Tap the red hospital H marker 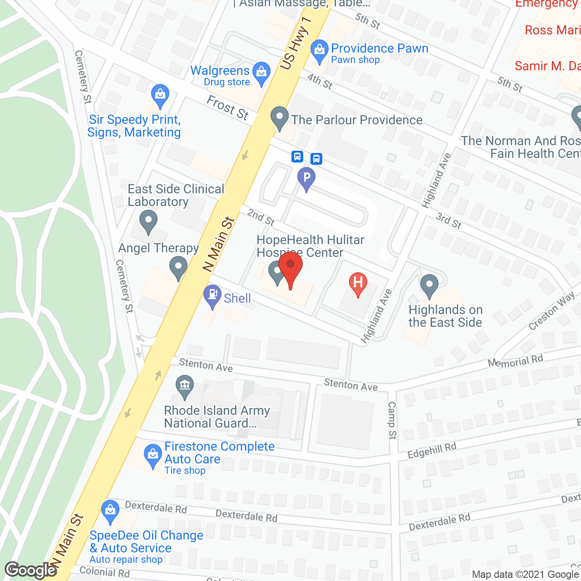[x=358, y=284]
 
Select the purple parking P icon [x=306, y=178]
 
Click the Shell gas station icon [x=212, y=295]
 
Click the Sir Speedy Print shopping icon [x=160, y=95]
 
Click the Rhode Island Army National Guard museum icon [x=184, y=387]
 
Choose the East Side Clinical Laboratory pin [x=148, y=222]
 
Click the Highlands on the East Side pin [x=429, y=286]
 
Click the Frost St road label [x=228, y=108]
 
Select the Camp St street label [x=392, y=420]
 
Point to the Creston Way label [x=551, y=311]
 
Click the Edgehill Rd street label [x=432, y=450]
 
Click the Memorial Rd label [x=515, y=361]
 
